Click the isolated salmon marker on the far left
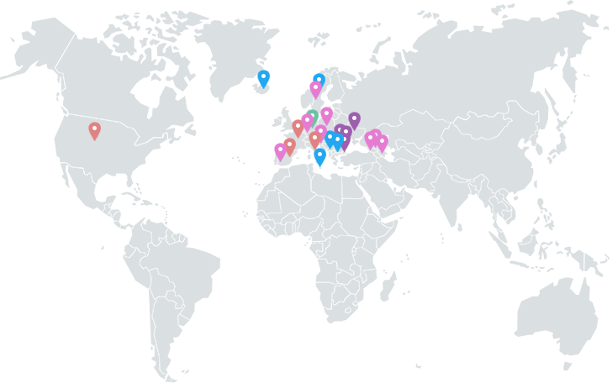click(94, 130)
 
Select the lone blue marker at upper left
click(263, 78)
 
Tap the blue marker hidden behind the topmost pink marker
click(319, 79)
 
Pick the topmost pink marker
click(315, 88)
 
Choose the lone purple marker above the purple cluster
click(354, 120)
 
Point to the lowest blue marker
click(319, 156)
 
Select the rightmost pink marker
click(382, 143)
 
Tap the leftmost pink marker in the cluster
click(280, 151)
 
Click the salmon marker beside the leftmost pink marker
click(289, 146)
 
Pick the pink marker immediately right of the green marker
click(326, 114)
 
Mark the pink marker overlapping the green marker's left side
click(307, 121)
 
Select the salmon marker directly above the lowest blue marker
click(315, 139)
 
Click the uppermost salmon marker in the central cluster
click(298, 127)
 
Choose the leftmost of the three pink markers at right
click(369, 139)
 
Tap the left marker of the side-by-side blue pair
click(330, 139)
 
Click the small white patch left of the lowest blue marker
click(303, 156)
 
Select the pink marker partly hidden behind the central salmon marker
click(321, 132)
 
